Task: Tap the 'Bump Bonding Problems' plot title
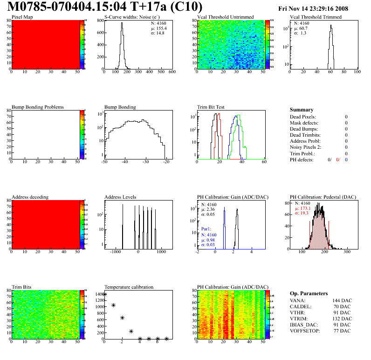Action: tap(38, 107)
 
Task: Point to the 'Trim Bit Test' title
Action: tap(211, 107)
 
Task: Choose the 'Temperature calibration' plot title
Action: tap(129, 287)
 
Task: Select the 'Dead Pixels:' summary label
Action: tap(302, 117)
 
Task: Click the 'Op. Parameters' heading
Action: tap(309, 293)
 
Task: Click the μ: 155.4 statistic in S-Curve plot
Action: tap(158, 28)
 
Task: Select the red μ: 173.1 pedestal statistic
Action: tap(303, 208)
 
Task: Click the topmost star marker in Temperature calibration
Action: tap(105, 294)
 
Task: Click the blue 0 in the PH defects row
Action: tap(347, 159)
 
